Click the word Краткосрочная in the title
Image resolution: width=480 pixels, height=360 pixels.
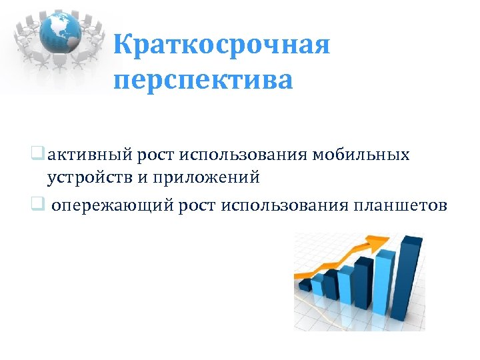coord(221,47)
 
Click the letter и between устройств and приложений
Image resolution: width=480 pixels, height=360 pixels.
coord(138,178)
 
